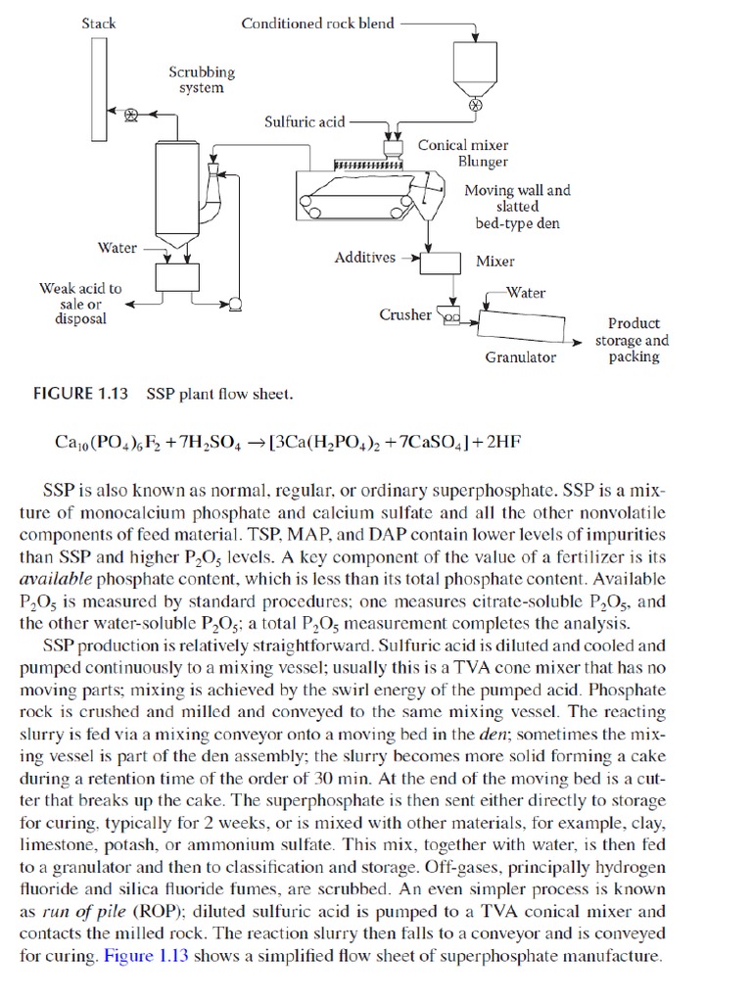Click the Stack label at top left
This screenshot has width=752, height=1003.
[99, 23]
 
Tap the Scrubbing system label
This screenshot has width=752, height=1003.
[202, 79]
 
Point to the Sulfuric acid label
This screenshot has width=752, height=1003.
[305, 121]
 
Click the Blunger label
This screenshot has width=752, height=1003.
[483, 162]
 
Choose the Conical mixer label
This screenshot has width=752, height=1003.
[463, 145]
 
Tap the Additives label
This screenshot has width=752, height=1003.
[365, 258]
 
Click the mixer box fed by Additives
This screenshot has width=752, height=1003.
[440, 262]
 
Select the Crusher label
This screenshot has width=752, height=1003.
[404, 314]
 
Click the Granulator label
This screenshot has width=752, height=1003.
[520, 358]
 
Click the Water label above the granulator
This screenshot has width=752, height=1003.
[526, 293]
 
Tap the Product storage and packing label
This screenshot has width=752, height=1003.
[634, 340]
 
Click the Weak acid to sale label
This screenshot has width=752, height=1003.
[80, 303]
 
